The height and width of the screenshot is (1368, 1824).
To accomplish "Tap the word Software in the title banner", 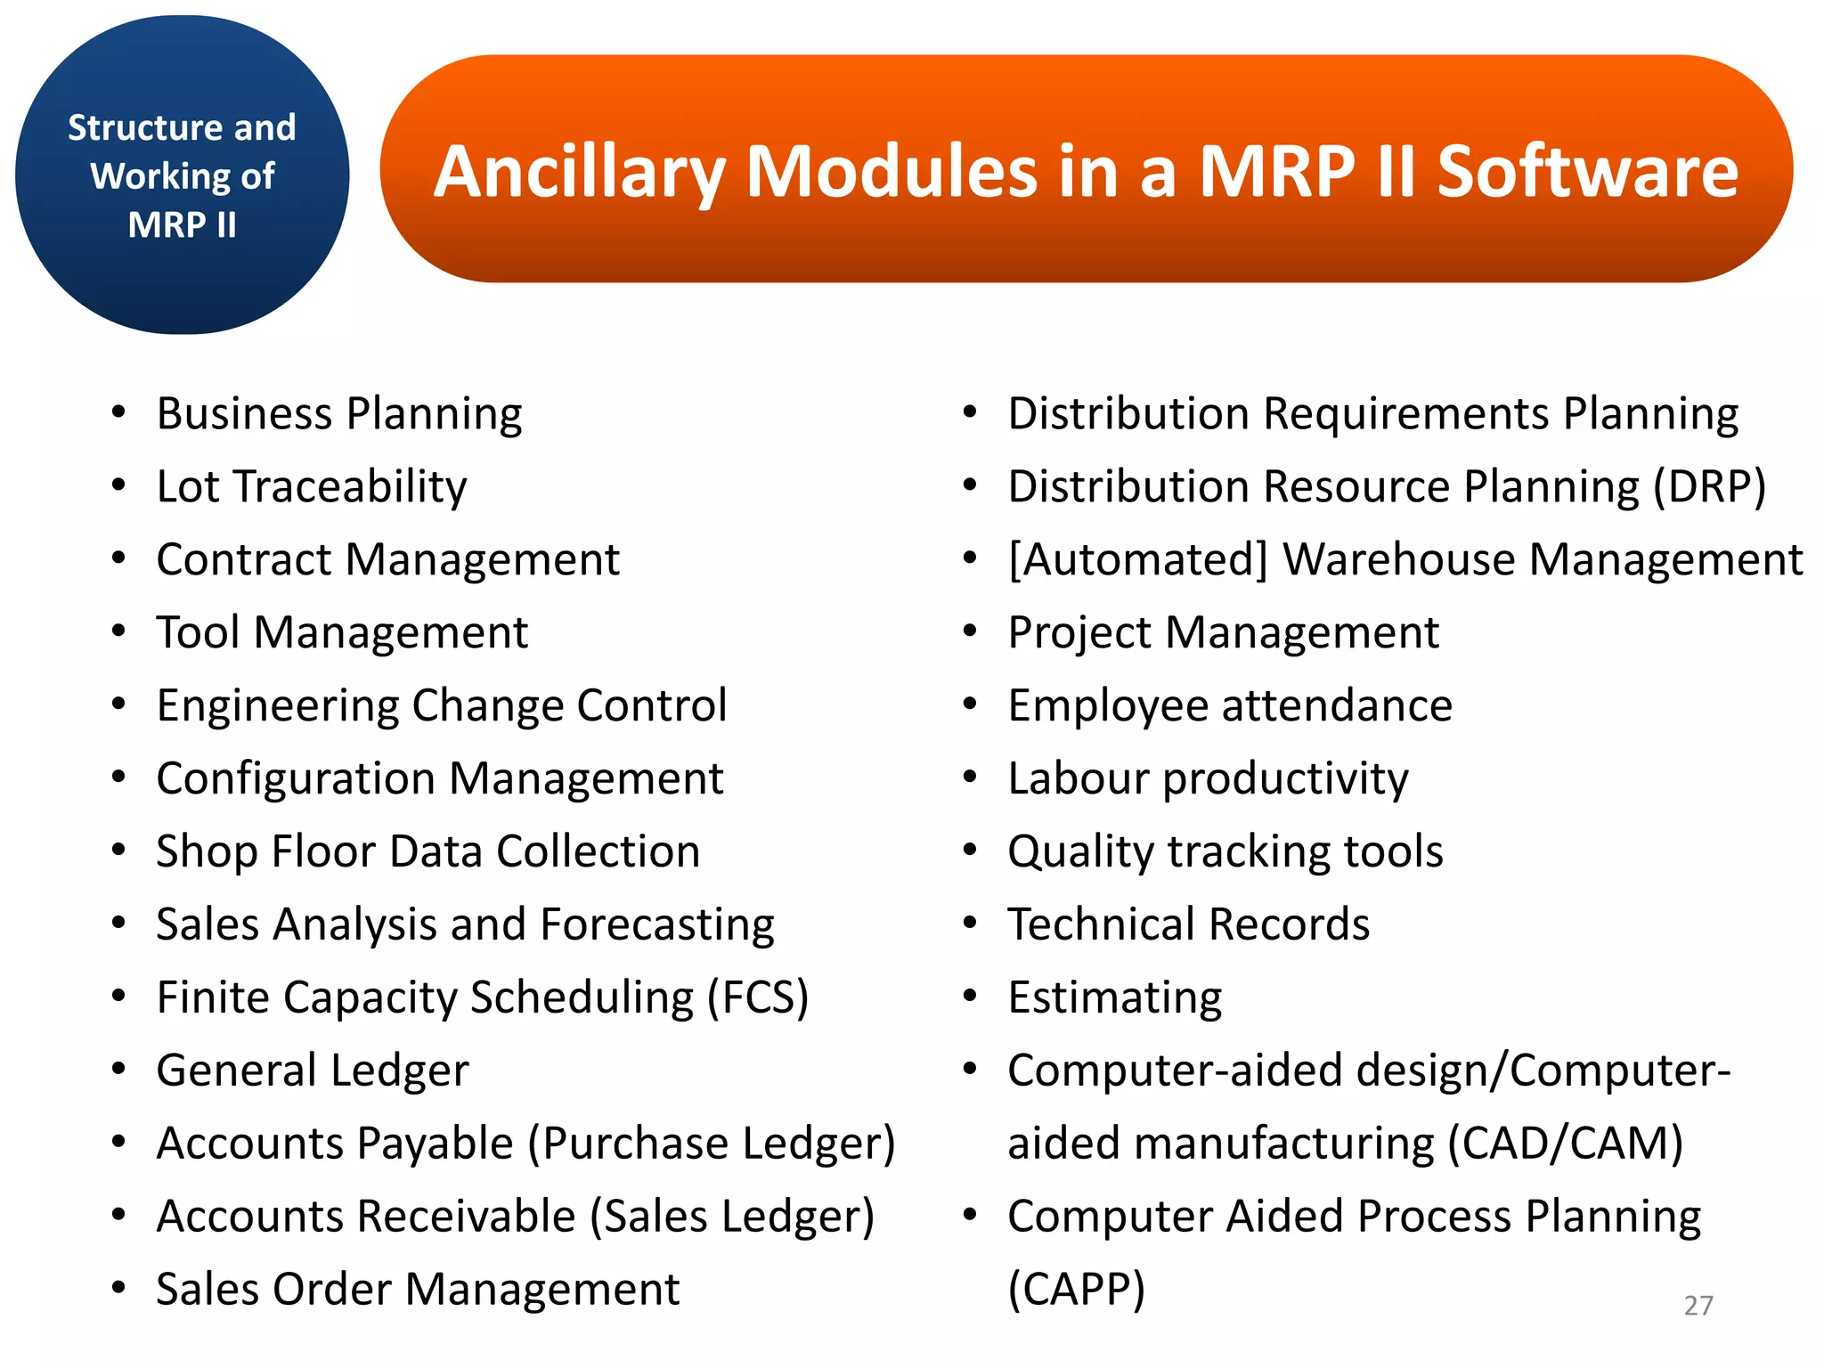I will (x=1587, y=172).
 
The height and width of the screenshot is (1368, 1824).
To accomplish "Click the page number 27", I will (x=1698, y=1306).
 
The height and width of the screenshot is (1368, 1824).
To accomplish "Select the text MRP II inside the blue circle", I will (x=183, y=224).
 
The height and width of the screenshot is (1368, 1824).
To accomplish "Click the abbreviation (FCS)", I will (x=758, y=997).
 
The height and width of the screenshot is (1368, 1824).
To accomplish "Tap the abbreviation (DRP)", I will (x=1709, y=487).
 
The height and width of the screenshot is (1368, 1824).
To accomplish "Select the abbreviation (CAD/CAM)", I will (x=1565, y=1144).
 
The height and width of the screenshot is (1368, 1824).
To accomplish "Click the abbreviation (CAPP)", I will (x=1076, y=1290).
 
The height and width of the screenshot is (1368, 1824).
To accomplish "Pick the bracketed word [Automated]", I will (x=1137, y=560).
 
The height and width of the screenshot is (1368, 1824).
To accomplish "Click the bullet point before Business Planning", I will (x=118, y=412).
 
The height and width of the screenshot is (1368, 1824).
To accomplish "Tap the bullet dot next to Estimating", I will (x=970, y=996).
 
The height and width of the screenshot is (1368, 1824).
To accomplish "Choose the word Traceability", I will (x=350, y=487).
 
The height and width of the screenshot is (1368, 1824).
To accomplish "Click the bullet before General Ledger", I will (x=118, y=1069).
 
